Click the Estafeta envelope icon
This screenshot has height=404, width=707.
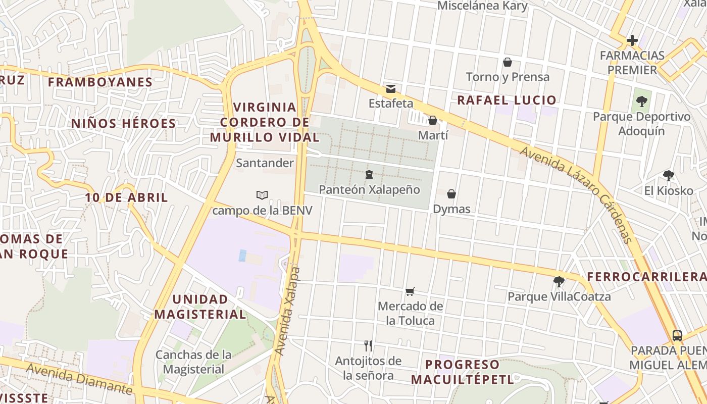391,89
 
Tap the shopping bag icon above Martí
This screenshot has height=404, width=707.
433,120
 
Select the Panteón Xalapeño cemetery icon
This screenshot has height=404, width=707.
369,175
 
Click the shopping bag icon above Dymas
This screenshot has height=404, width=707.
451,194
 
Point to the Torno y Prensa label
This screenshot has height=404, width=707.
508,77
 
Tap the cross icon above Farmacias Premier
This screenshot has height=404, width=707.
632,40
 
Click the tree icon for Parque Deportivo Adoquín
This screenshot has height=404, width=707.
641,102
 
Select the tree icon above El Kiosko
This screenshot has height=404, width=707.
669,176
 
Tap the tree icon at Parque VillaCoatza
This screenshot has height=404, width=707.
559,281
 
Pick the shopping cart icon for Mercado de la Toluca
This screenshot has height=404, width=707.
410,291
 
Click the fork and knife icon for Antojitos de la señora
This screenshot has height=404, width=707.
368,346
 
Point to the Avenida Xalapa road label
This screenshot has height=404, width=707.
287,311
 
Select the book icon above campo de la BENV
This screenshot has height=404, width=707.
262,195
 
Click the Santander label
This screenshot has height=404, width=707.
265,163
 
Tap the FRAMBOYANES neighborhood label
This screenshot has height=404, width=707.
100,82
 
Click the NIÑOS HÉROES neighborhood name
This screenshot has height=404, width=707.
123,123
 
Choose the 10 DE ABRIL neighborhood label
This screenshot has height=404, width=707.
126,197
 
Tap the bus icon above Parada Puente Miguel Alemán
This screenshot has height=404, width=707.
677,335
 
